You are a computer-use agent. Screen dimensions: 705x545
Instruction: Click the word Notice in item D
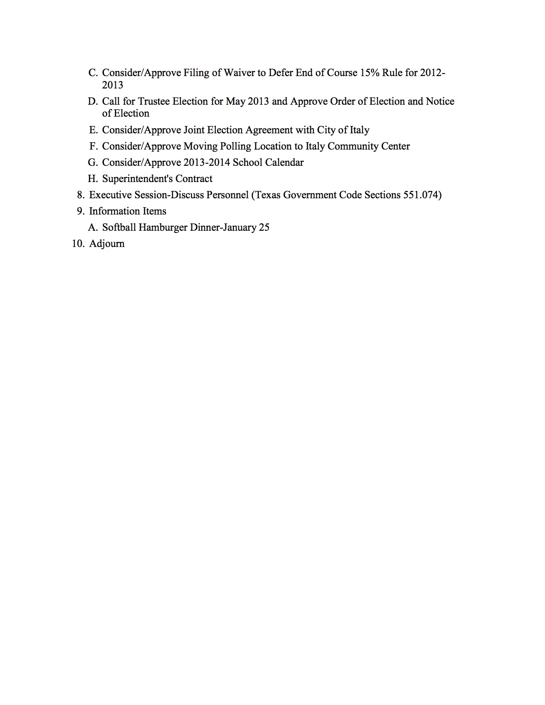coord(440,102)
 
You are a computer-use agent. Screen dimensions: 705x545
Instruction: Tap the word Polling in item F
coord(235,147)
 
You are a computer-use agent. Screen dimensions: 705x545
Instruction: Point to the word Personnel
coord(227,195)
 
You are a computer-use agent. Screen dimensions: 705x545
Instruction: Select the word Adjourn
coord(107,244)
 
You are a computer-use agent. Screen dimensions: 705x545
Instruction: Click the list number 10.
coord(77,244)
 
